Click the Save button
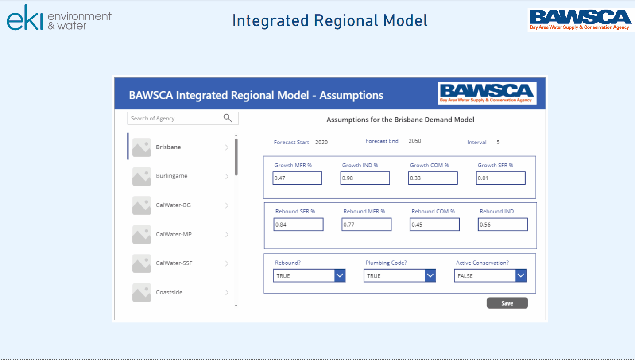507,303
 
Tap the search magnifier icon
228,118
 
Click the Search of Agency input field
183,118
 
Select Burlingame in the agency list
171,176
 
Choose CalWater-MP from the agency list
174,234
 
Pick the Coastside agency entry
169,292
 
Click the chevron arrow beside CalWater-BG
227,205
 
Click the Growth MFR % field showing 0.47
297,178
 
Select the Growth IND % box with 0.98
365,178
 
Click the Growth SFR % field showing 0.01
501,178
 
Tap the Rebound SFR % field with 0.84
298,225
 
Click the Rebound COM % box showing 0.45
434,225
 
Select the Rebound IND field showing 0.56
503,225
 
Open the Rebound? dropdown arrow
340,275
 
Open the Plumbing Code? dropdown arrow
430,275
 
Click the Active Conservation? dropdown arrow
520,275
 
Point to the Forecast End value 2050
415,141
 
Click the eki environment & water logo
59,18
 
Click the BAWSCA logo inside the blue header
487,93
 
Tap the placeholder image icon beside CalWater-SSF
141,263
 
